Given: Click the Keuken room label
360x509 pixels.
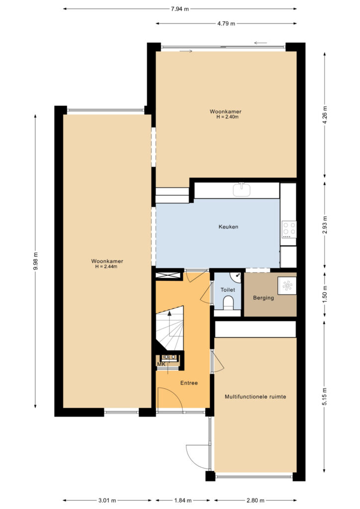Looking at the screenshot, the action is (x=228, y=227).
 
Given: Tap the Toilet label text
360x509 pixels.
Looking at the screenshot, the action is (x=228, y=290).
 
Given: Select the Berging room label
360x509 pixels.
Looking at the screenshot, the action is (x=263, y=298).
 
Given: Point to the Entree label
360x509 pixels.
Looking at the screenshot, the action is (x=189, y=383).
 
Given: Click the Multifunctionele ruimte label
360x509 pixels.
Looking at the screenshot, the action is (x=256, y=397).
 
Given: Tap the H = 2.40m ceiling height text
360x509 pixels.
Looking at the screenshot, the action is (x=227, y=117).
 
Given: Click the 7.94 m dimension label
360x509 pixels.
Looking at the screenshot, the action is (x=180, y=9).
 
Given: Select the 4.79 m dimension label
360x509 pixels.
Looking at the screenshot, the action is (x=226, y=24).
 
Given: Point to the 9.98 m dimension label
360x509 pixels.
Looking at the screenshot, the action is (x=36, y=261).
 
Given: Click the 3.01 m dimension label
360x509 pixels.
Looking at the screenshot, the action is (x=107, y=500).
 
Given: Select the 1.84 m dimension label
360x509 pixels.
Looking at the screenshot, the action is (x=183, y=500).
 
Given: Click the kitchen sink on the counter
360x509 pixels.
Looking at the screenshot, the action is (x=242, y=189).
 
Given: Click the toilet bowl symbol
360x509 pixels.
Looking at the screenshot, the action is (x=229, y=303).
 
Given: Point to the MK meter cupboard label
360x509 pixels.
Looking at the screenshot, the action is (x=161, y=364).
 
